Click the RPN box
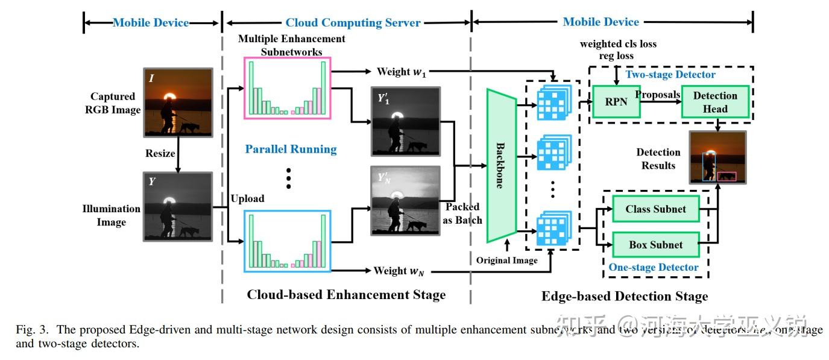616,102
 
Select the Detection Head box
715,103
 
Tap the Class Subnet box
655,209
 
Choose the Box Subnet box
655,245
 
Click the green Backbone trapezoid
500,166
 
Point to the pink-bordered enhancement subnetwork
288,87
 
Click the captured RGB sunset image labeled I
177,101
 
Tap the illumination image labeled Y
177,206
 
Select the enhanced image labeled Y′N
406,201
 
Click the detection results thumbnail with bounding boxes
718,157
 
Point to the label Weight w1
401,72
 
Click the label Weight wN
399,271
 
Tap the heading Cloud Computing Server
353,23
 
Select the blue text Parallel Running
291,149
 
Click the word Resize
160,153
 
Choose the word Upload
247,198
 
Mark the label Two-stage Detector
670,75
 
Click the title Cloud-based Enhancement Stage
346,295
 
